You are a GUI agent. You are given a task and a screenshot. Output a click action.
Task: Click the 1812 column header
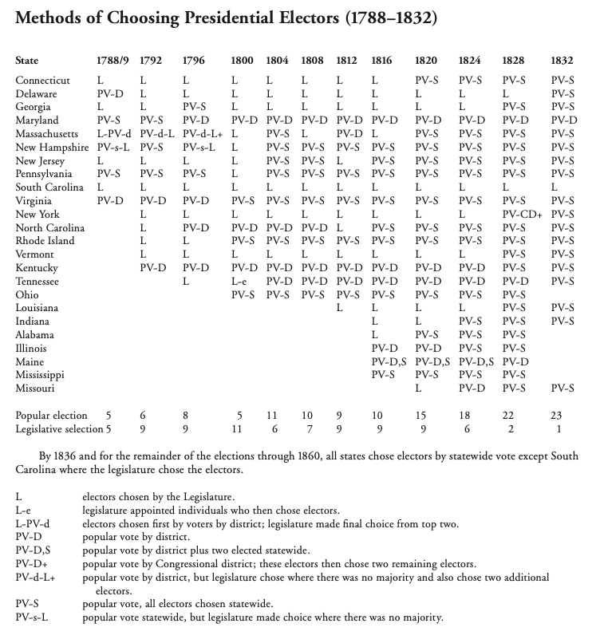pos(348,61)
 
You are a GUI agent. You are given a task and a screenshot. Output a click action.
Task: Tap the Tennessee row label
pos(39,282)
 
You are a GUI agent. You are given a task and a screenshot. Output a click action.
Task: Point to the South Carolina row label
pos(47,187)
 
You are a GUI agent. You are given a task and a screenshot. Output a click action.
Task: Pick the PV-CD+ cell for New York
pos(522,215)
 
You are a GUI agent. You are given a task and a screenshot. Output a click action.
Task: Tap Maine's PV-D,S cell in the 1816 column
pos(389,362)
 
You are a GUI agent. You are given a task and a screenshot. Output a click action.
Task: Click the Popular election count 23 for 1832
pos(556,416)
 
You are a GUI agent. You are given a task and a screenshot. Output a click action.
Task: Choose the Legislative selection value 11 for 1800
pos(236,429)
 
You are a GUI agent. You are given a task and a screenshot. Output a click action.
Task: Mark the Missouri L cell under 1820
pos(418,389)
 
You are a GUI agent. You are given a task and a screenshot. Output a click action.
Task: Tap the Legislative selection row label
pos(55,429)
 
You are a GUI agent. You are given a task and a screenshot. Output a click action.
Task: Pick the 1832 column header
pos(562,61)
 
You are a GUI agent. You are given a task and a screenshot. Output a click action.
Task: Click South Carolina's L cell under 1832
pos(554,187)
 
